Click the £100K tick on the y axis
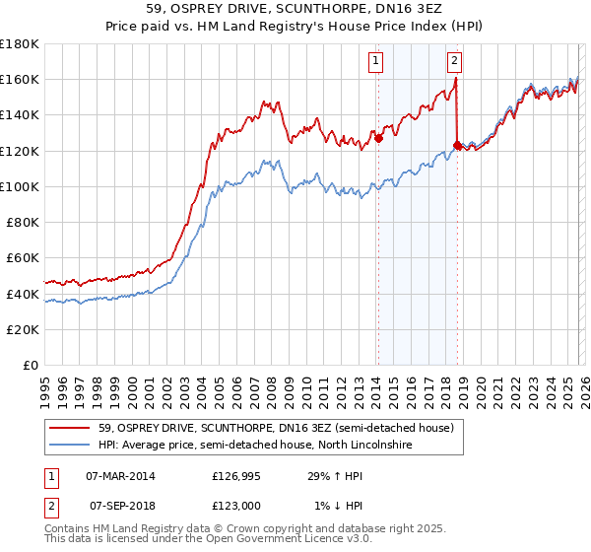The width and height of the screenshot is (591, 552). click(x=20, y=186)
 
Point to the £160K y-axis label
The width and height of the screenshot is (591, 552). click(x=20, y=79)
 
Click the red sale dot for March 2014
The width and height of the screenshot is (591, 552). click(x=378, y=139)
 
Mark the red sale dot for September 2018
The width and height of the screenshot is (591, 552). click(x=456, y=146)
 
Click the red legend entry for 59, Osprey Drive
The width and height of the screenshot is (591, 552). click(x=276, y=429)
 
